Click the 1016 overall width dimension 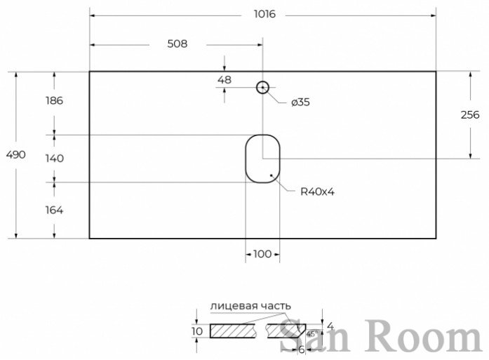(264, 14)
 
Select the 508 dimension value (177, 44)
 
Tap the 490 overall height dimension (15, 154)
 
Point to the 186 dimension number (54, 100)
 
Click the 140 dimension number (55, 158)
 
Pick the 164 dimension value (54, 210)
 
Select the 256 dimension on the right (469, 115)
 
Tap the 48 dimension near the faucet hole (225, 80)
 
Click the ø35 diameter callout (301, 102)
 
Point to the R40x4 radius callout (317, 192)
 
